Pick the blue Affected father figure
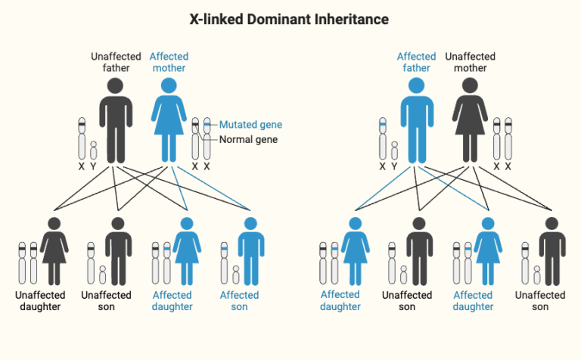pyautogui.click(x=415, y=121)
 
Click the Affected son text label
pyautogui.click(x=239, y=301)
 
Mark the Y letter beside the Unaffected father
pyautogui.click(x=93, y=166)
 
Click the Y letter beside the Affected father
pyautogui.click(x=394, y=166)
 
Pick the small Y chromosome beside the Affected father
pyautogui.click(x=394, y=150)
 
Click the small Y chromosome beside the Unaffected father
pyautogui.click(x=93, y=150)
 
